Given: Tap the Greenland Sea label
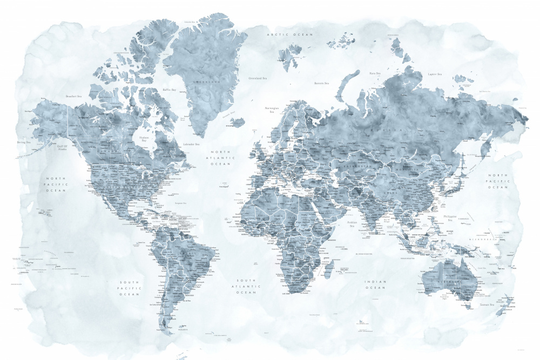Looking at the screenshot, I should pyautogui.click(x=258, y=78).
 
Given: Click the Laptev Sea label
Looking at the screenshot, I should pyautogui.click(x=435, y=74).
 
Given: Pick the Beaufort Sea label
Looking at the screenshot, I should pyautogui.click(x=73, y=96).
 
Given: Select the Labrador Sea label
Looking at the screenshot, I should pyautogui.click(x=191, y=144).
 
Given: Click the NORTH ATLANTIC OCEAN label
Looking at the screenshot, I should pyautogui.click(x=220, y=158).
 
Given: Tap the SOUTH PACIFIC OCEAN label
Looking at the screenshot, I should pyautogui.click(x=130, y=288).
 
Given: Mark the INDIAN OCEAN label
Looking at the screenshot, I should pyautogui.click(x=375, y=284).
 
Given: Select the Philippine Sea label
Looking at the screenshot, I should pyautogui.click(x=450, y=218).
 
